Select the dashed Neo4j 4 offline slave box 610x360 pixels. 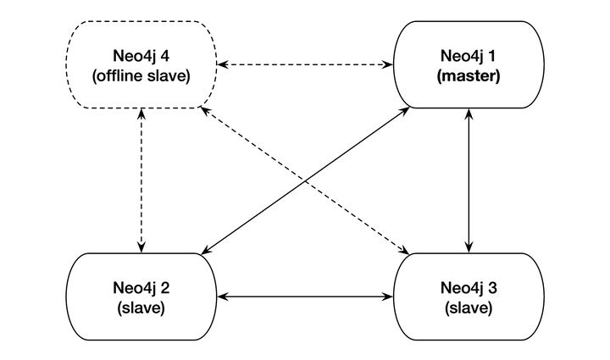141,65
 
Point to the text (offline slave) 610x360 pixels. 141,77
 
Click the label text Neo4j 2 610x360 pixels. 141,286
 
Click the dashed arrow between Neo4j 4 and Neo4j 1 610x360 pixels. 305,64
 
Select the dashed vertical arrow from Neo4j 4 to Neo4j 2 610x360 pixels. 141,180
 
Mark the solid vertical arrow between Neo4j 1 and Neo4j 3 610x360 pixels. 467,180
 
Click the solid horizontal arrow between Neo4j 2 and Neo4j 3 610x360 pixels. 305,296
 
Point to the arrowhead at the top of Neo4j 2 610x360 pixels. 141,246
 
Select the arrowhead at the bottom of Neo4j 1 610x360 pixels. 467,115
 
